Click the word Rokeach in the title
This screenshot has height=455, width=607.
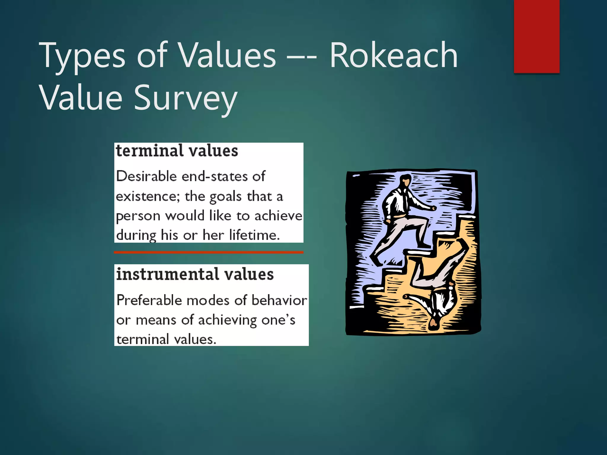pyautogui.click(x=394, y=55)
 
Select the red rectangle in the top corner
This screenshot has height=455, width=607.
pyautogui.click(x=536, y=36)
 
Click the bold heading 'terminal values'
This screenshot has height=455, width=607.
pyautogui.click(x=177, y=151)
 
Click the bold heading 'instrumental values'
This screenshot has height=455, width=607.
pyautogui.click(x=195, y=274)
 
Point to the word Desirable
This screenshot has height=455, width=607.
pyautogui.click(x=146, y=176)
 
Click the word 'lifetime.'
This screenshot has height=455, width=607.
pyautogui.click(x=254, y=235)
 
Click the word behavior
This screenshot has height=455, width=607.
pyautogui.click(x=279, y=300)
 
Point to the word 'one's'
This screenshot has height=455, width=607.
pyautogui.click(x=278, y=320)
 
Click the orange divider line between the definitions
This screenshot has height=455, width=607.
pyautogui.click(x=209, y=252)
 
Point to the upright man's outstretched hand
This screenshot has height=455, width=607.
pyautogui.click(x=434, y=208)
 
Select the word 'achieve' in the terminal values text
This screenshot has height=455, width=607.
pyautogui.click(x=278, y=216)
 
